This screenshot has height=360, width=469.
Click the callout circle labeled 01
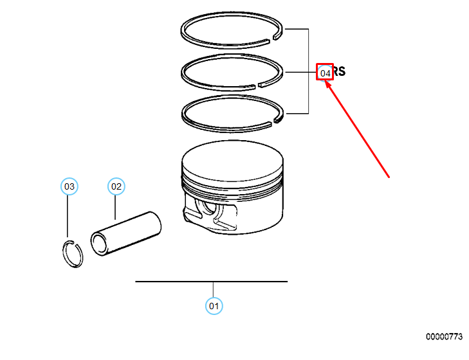click(214, 305)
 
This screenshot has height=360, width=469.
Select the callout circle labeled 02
click(116, 186)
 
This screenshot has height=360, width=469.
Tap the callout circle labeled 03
click(69, 186)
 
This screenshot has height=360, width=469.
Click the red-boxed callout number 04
click(326, 73)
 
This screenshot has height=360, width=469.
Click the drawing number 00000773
click(444, 336)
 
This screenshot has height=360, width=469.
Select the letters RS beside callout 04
click(340, 71)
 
